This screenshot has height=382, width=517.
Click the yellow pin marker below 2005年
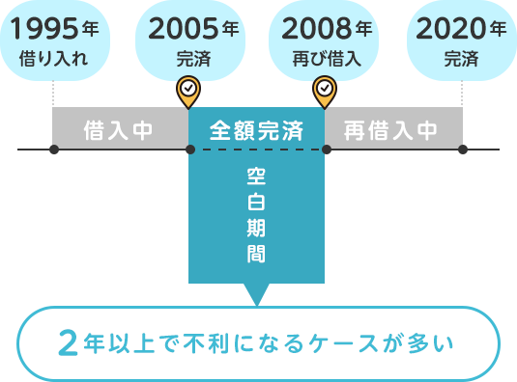tap(189, 91)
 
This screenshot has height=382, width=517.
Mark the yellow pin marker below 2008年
tap(325, 91)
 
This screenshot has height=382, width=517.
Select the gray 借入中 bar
tap(120, 128)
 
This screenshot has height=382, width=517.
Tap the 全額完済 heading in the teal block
tap(256, 128)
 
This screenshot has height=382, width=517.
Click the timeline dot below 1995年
tap(54, 150)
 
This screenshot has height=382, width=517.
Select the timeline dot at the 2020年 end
tap(463, 150)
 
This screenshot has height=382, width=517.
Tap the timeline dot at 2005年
tap(189, 150)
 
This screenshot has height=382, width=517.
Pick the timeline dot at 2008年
tap(326, 150)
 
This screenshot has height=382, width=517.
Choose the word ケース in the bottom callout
tap(357, 343)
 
